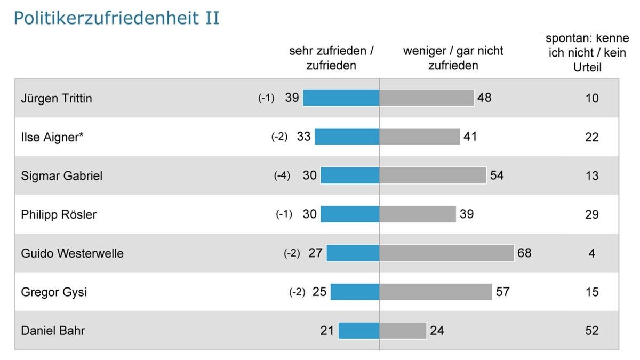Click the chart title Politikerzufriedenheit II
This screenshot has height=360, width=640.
coord(116,19)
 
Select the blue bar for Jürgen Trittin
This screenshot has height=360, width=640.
coord(341,98)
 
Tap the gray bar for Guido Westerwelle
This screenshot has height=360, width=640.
coord(446,253)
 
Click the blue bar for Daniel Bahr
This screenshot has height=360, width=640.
coord(358,331)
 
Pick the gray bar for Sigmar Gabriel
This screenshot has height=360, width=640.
coord(433,175)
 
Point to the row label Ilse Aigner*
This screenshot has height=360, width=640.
coord(52,137)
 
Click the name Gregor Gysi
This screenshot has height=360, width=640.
coord(54,292)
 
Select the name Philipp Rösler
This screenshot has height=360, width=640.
coord(59,214)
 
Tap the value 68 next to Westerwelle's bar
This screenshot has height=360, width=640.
coord(524,253)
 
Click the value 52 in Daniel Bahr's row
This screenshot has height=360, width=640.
coord(591,331)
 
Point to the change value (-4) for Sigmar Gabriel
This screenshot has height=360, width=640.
coord(282,175)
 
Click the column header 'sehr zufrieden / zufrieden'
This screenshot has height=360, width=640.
coord(331,58)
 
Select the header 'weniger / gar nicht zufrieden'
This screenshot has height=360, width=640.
coord(453,58)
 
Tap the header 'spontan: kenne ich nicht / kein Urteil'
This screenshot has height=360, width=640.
coord(586,53)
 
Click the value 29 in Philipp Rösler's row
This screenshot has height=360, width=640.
coord(591,214)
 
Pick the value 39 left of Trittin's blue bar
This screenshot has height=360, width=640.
coord(292,98)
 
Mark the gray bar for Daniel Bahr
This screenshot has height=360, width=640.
coord(403,331)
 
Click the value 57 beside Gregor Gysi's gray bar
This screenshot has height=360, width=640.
coord(502,292)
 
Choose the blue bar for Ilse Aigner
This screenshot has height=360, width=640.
coord(347,137)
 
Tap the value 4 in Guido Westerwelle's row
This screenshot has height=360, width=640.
coord(591,253)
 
